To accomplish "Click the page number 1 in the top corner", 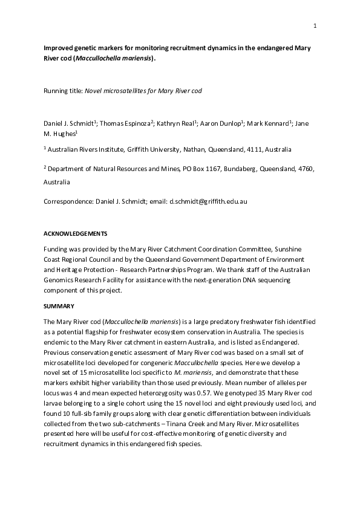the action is click(x=315, y=25).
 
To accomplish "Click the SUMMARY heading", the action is click(x=59, y=307).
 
